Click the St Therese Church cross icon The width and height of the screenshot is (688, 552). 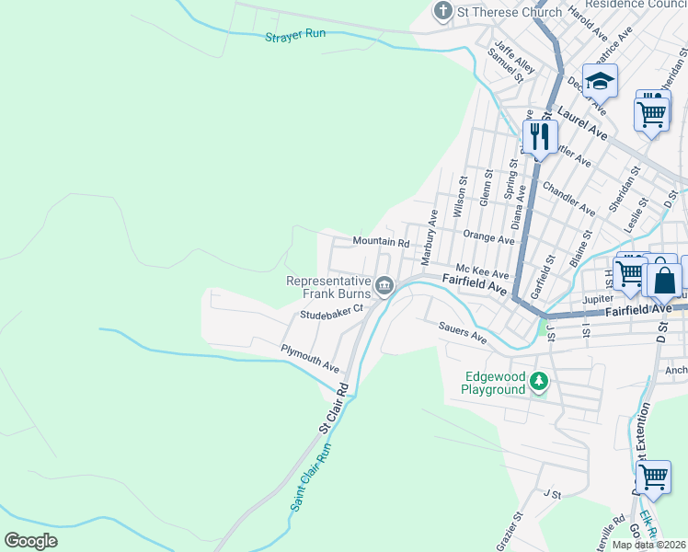point(443,12)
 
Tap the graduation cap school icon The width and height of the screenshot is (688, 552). point(600,81)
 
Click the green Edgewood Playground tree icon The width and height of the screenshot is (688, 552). point(542,380)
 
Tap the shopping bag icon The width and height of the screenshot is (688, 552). point(665,279)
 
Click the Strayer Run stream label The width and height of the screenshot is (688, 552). point(295,35)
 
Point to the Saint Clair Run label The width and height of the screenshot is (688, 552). point(310,478)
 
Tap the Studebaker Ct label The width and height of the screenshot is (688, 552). point(332,315)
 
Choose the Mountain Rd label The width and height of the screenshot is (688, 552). point(381,242)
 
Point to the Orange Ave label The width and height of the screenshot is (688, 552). point(488,238)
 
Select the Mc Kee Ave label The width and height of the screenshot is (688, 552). point(483,274)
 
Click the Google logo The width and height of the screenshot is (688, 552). point(31,540)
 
